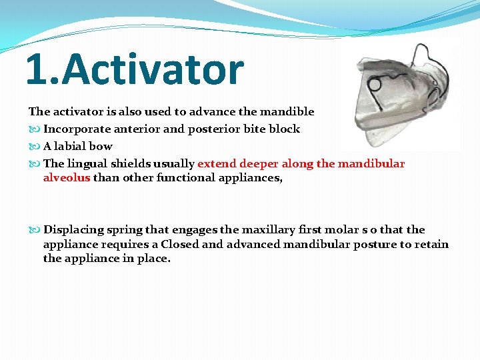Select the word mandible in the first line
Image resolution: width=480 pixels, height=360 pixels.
tap(290, 111)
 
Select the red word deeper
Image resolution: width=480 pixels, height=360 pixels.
tap(257, 163)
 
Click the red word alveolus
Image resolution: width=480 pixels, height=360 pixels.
tap(66, 177)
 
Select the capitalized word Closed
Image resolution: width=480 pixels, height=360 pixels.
tap(180, 244)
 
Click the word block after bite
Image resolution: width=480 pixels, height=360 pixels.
tap(284, 129)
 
